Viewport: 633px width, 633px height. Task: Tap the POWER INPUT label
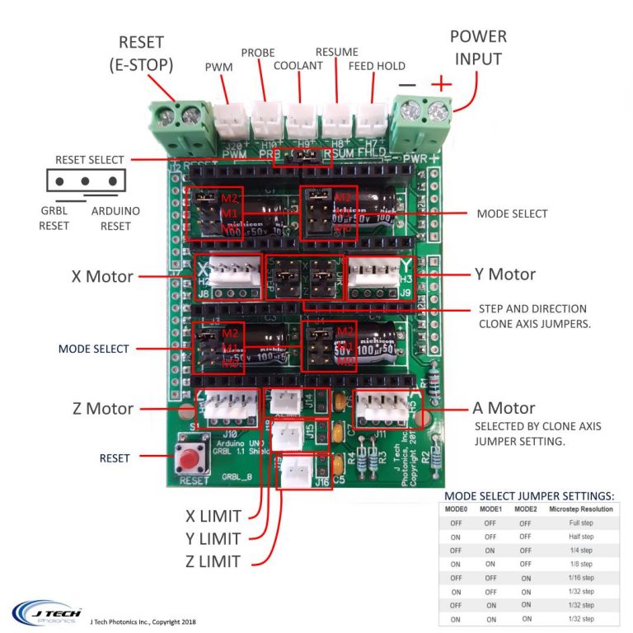[478, 48]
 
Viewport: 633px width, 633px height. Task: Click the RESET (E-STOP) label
[141, 52]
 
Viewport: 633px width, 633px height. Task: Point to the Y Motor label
[505, 274]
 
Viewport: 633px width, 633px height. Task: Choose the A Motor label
[504, 408]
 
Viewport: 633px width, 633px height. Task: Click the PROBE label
[258, 53]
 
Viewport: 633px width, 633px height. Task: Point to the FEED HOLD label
[377, 66]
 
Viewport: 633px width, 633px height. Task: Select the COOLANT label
[298, 65]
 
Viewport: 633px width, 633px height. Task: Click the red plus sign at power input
[442, 83]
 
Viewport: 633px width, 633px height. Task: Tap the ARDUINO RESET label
[115, 218]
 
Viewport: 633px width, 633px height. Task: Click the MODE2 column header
[524, 509]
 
